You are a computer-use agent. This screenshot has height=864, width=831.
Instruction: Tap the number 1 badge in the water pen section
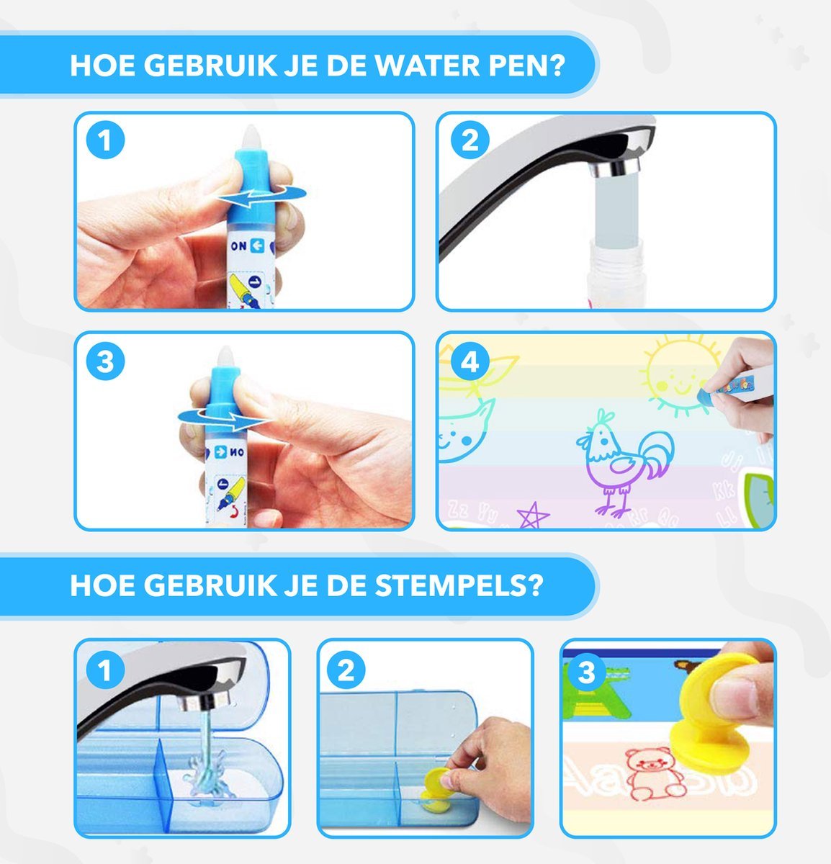[106, 140]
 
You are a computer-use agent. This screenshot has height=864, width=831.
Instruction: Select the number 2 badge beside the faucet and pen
[470, 140]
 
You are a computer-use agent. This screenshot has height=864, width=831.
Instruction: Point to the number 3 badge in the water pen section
[106, 361]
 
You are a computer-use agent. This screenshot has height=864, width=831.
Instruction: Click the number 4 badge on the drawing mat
[470, 361]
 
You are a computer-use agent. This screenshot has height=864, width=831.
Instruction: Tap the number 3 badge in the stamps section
[587, 672]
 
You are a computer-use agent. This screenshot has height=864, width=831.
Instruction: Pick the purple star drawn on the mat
[533, 516]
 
